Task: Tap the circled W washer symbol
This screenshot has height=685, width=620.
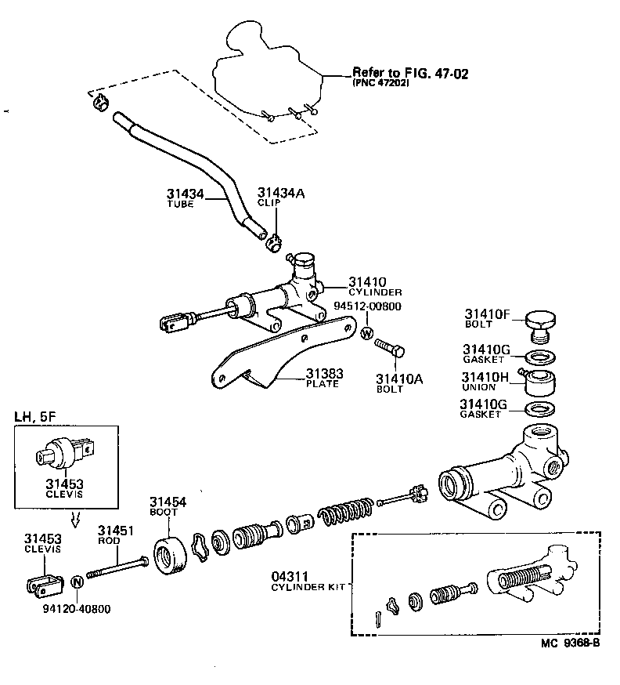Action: pos(366,334)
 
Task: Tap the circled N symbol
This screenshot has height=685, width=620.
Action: pos(77,582)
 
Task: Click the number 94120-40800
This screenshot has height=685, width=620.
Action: pos(77,607)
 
